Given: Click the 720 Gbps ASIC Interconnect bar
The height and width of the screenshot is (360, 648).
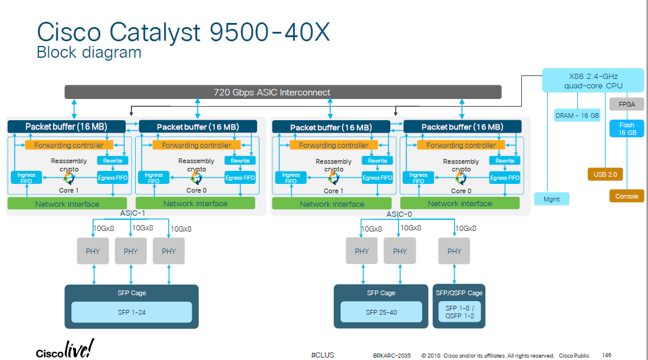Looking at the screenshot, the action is (x=283, y=92).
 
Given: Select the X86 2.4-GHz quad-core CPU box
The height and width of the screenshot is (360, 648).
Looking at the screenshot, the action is (x=593, y=81).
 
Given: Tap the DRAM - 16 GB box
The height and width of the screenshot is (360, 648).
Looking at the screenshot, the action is (x=577, y=115).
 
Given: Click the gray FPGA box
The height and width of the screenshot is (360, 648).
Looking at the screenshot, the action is (x=627, y=104).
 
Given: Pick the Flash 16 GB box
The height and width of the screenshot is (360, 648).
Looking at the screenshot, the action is (x=627, y=128).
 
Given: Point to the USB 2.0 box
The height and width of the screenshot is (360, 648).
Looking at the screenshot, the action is (x=605, y=174).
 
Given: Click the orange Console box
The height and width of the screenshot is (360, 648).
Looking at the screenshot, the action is (x=627, y=196).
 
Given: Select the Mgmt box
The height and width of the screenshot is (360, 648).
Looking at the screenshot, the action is (x=551, y=199).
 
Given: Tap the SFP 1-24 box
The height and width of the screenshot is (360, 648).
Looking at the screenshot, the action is (x=131, y=312).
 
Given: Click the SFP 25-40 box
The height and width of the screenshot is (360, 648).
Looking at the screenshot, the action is (x=381, y=312).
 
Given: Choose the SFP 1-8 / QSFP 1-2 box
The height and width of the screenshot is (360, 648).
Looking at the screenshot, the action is (x=459, y=312).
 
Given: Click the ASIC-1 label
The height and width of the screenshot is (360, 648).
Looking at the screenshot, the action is (x=132, y=213).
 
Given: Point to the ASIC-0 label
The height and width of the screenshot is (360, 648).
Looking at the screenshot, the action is (x=399, y=214).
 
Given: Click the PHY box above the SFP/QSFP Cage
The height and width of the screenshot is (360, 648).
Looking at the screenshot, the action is (x=454, y=251).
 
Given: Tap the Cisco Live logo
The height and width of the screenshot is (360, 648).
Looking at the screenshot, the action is (x=65, y=349).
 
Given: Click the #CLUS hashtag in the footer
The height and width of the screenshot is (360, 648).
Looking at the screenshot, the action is (x=323, y=355).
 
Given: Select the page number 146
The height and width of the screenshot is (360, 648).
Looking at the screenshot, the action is (x=606, y=355).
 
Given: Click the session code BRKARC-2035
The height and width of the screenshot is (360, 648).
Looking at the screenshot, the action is (x=392, y=355).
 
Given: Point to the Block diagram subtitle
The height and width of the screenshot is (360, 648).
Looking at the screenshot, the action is (x=89, y=52).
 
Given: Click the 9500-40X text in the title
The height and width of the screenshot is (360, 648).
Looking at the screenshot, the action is (x=269, y=32).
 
